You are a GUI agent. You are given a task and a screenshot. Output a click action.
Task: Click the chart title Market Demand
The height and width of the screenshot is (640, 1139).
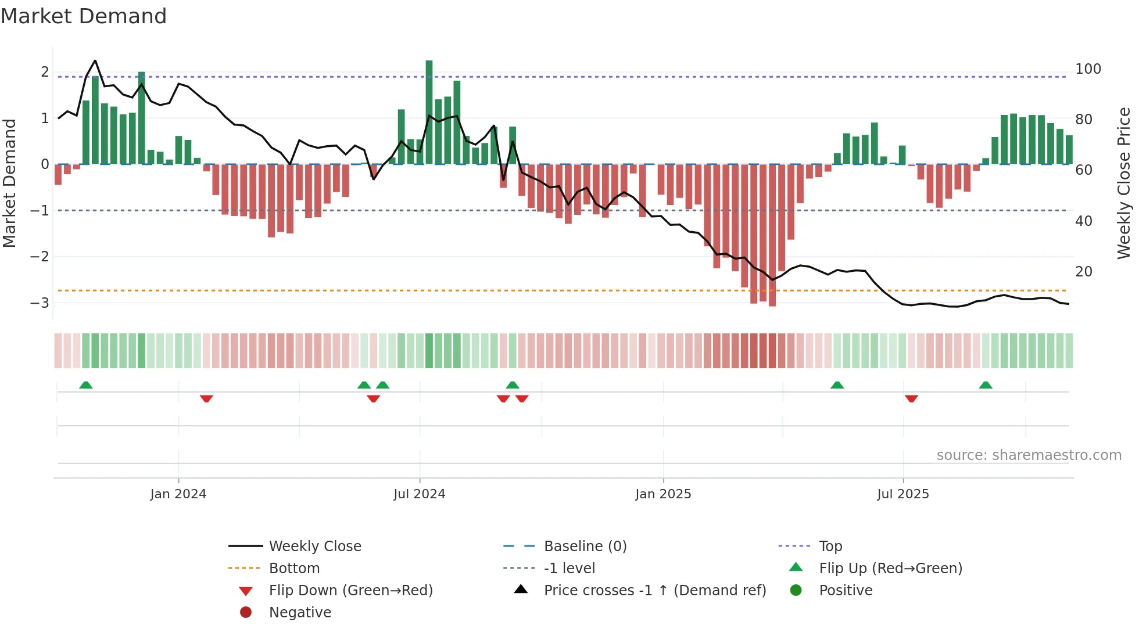point(84,16)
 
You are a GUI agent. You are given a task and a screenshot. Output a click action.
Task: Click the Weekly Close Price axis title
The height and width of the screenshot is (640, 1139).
point(1124,183)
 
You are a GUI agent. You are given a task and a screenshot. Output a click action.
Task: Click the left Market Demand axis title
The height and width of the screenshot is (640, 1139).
point(9,183)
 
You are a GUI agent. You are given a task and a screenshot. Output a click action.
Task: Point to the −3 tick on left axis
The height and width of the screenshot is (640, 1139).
point(40,303)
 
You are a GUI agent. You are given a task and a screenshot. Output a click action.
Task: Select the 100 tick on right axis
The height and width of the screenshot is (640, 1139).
point(1088,69)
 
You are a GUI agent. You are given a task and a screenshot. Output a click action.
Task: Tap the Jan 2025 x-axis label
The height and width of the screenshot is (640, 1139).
point(663,494)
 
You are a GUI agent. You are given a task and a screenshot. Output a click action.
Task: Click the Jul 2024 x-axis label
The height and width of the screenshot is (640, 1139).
point(419,494)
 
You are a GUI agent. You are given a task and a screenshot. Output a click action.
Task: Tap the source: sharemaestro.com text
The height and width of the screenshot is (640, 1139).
point(1029,455)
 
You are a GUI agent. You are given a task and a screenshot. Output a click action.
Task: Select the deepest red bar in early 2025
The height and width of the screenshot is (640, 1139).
point(772,235)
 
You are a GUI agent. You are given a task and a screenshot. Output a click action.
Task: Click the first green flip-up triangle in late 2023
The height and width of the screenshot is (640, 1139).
point(86,385)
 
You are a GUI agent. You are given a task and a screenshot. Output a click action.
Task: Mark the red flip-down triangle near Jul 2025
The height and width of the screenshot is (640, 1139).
point(911,398)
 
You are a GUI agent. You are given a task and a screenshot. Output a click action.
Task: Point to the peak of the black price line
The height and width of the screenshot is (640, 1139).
point(95,61)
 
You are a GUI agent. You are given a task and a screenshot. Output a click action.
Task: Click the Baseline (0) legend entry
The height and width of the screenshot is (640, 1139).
point(585,546)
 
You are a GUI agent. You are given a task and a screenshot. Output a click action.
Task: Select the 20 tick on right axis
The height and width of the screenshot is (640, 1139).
point(1083,272)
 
